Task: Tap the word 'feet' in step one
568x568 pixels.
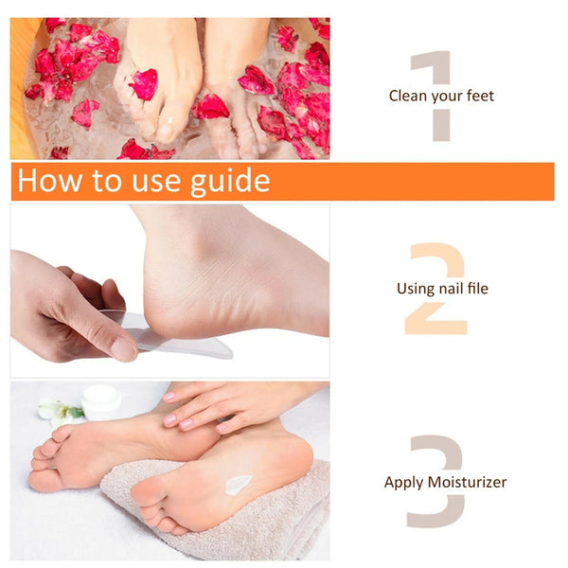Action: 478,96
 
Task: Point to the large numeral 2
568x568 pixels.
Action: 436,289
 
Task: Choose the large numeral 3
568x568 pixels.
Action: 435,481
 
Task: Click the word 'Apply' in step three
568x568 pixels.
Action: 404,483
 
